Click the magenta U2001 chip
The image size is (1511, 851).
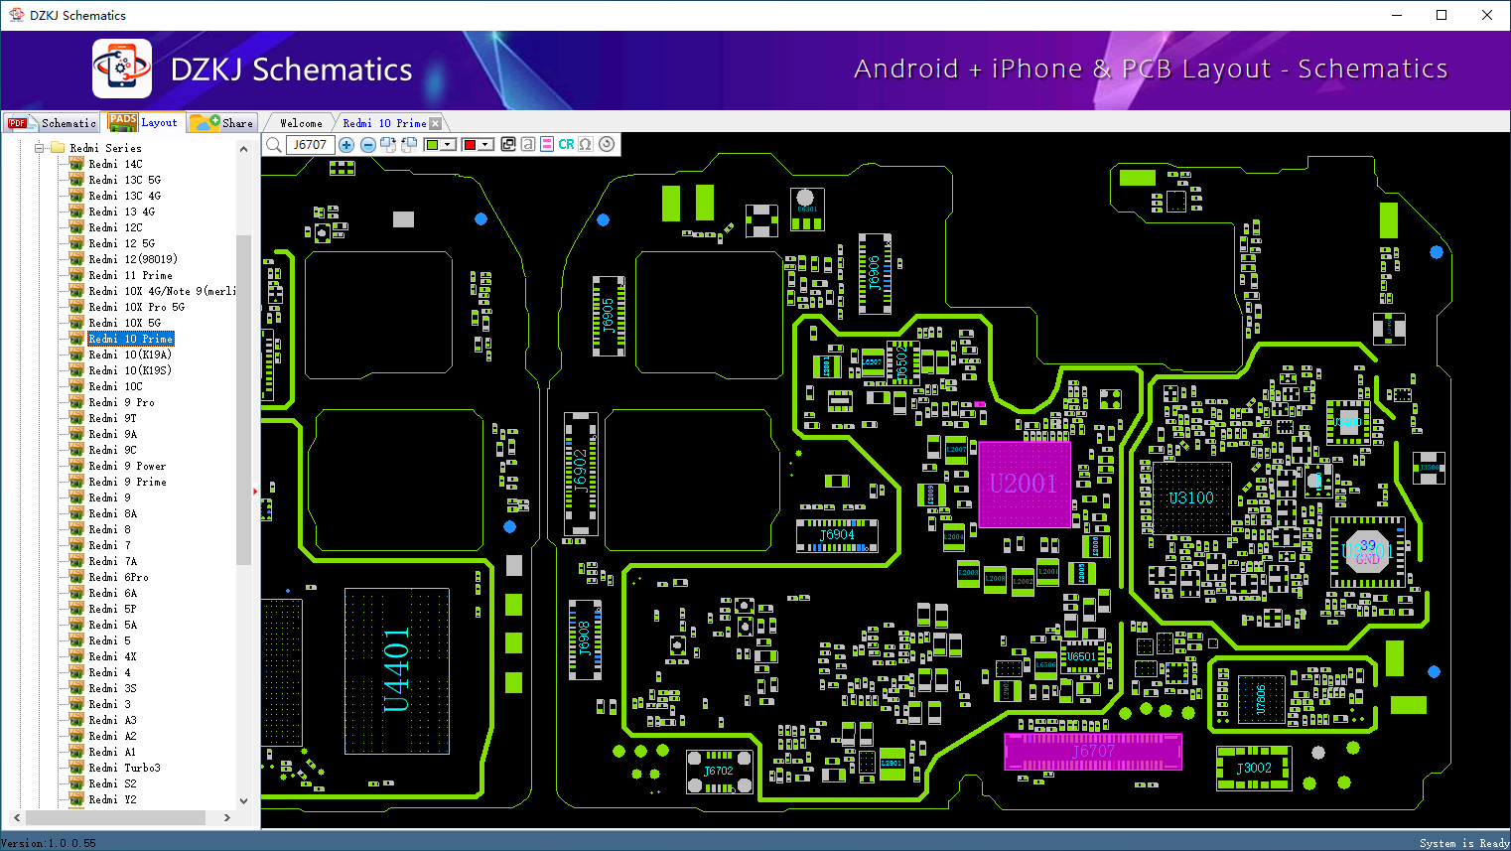[x=1025, y=485]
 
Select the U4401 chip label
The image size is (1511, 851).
[x=396, y=669]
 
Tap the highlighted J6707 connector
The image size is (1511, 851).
[x=1092, y=752]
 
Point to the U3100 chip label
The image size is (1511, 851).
[x=1190, y=497]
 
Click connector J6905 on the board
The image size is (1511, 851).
[x=609, y=316]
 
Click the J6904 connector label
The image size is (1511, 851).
[x=837, y=535]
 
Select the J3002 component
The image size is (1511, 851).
[x=1253, y=768]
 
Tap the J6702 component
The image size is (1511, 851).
[x=718, y=771]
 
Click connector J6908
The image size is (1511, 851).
[x=585, y=639]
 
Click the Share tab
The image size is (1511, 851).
[x=223, y=123]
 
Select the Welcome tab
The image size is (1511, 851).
[x=301, y=123]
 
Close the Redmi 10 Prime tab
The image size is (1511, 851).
[x=435, y=123]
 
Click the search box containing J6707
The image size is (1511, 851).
[x=311, y=145]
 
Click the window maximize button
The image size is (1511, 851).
[x=1442, y=15]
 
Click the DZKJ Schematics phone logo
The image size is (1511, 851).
[x=122, y=69]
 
